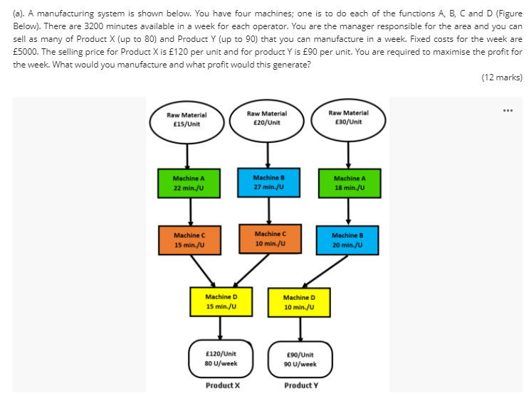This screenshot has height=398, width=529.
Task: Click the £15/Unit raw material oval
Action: tap(187, 119)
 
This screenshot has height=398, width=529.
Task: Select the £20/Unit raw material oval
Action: tap(267, 118)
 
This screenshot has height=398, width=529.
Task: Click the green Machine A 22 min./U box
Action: tap(189, 183)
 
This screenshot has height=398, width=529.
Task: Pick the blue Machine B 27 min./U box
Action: tap(268, 181)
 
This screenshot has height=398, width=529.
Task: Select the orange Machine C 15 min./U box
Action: tap(189, 240)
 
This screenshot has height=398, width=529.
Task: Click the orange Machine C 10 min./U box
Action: tap(268, 239)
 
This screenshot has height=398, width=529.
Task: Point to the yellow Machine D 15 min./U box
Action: tap(221, 301)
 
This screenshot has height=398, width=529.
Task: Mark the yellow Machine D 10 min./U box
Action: tap(299, 302)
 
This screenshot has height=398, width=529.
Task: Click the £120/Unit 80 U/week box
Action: tap(220, 357)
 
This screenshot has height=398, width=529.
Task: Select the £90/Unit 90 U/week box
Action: tap(300, 359)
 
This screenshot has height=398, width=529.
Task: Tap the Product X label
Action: tap(223, 385)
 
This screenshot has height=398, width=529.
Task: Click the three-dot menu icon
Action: tap(508, 110)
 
